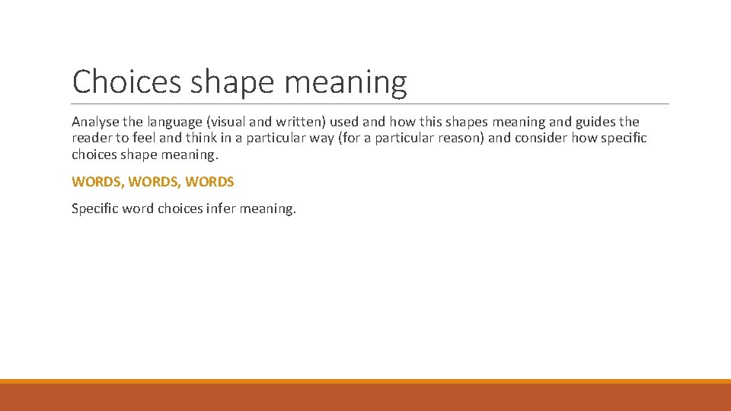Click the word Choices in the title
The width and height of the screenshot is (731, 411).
click(126, 81)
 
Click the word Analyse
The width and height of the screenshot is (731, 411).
click(94, 122)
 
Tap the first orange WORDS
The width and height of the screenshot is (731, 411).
click(97, 182)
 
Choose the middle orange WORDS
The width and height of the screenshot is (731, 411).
click(155, 182)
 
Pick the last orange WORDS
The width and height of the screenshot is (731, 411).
click(209, 182)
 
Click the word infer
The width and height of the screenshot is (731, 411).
click(221, 208)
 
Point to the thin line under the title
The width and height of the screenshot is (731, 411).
click(370, 104)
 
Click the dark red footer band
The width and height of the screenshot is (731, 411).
click(365, 397)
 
